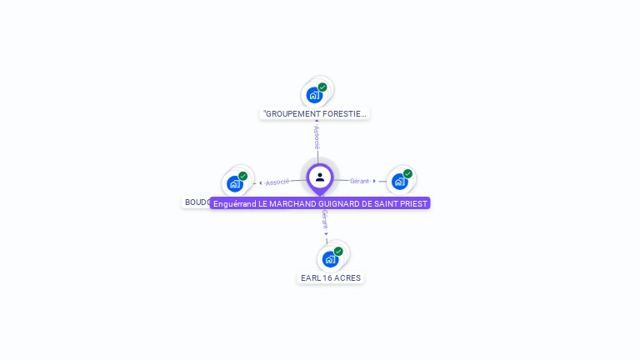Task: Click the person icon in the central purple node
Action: (320, 177)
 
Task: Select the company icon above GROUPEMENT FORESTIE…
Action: (314, 94)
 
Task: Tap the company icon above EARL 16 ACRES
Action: (330, 258)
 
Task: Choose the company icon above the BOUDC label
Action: (234, 183)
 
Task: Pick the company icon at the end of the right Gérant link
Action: (399, 181)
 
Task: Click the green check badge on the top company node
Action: (322, 87)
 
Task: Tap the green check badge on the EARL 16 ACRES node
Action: (338, 251)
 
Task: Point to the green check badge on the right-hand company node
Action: (407, 173)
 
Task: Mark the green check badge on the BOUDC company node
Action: (242, 176)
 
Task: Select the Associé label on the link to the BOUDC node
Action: (277, 182)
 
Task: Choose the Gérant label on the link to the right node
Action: (359, 181)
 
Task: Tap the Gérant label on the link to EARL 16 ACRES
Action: (325, 220)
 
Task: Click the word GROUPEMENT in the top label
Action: (292, 113)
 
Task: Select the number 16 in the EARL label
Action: (327, 277)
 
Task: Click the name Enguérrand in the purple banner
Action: (234, 203)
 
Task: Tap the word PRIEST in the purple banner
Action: (412, 203)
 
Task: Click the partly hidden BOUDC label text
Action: (197, 202)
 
